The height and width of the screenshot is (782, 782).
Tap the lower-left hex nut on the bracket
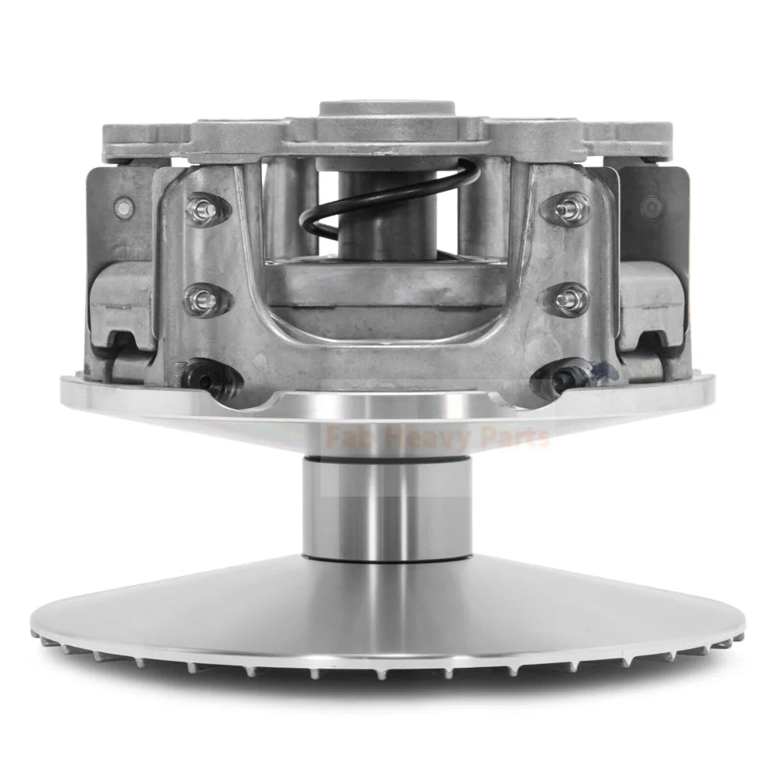(200, 298)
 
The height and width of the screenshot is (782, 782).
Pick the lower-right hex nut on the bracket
(569, 298)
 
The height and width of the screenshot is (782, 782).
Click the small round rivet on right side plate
(652, 207)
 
